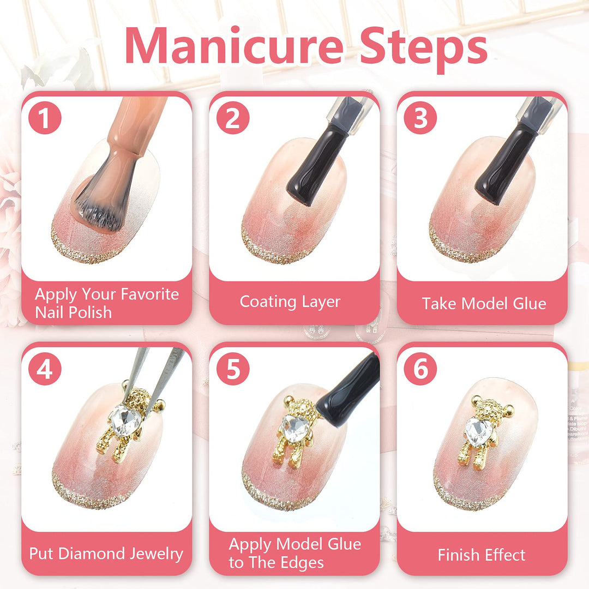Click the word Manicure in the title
(234, 45)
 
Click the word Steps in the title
(423, 49)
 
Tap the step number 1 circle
(45, 118)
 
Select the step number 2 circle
(233, 118)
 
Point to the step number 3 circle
(420, 118)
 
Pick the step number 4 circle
(45, 369)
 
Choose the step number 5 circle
(233, 369)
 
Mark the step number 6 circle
(420, 369)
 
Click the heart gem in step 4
(125, 420)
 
